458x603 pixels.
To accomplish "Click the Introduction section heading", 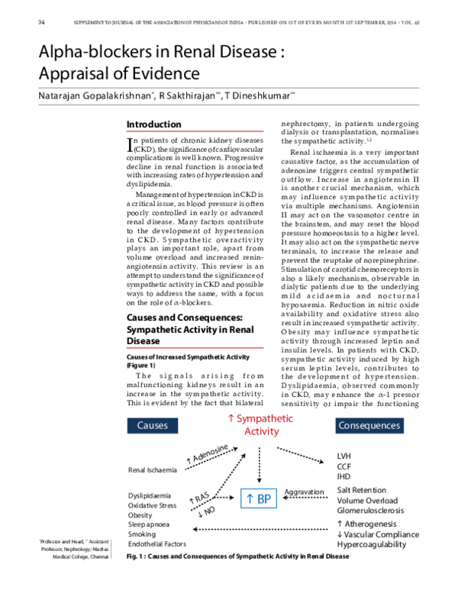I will click(153, 124).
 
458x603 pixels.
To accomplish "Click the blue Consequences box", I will click(369, 424).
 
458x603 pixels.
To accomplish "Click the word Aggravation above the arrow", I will click(305, 492).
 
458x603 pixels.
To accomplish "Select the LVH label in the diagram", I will click(344, 456).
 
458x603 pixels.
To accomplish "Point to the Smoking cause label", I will click(143, 534).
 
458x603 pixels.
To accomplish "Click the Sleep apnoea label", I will click(149, 525).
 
